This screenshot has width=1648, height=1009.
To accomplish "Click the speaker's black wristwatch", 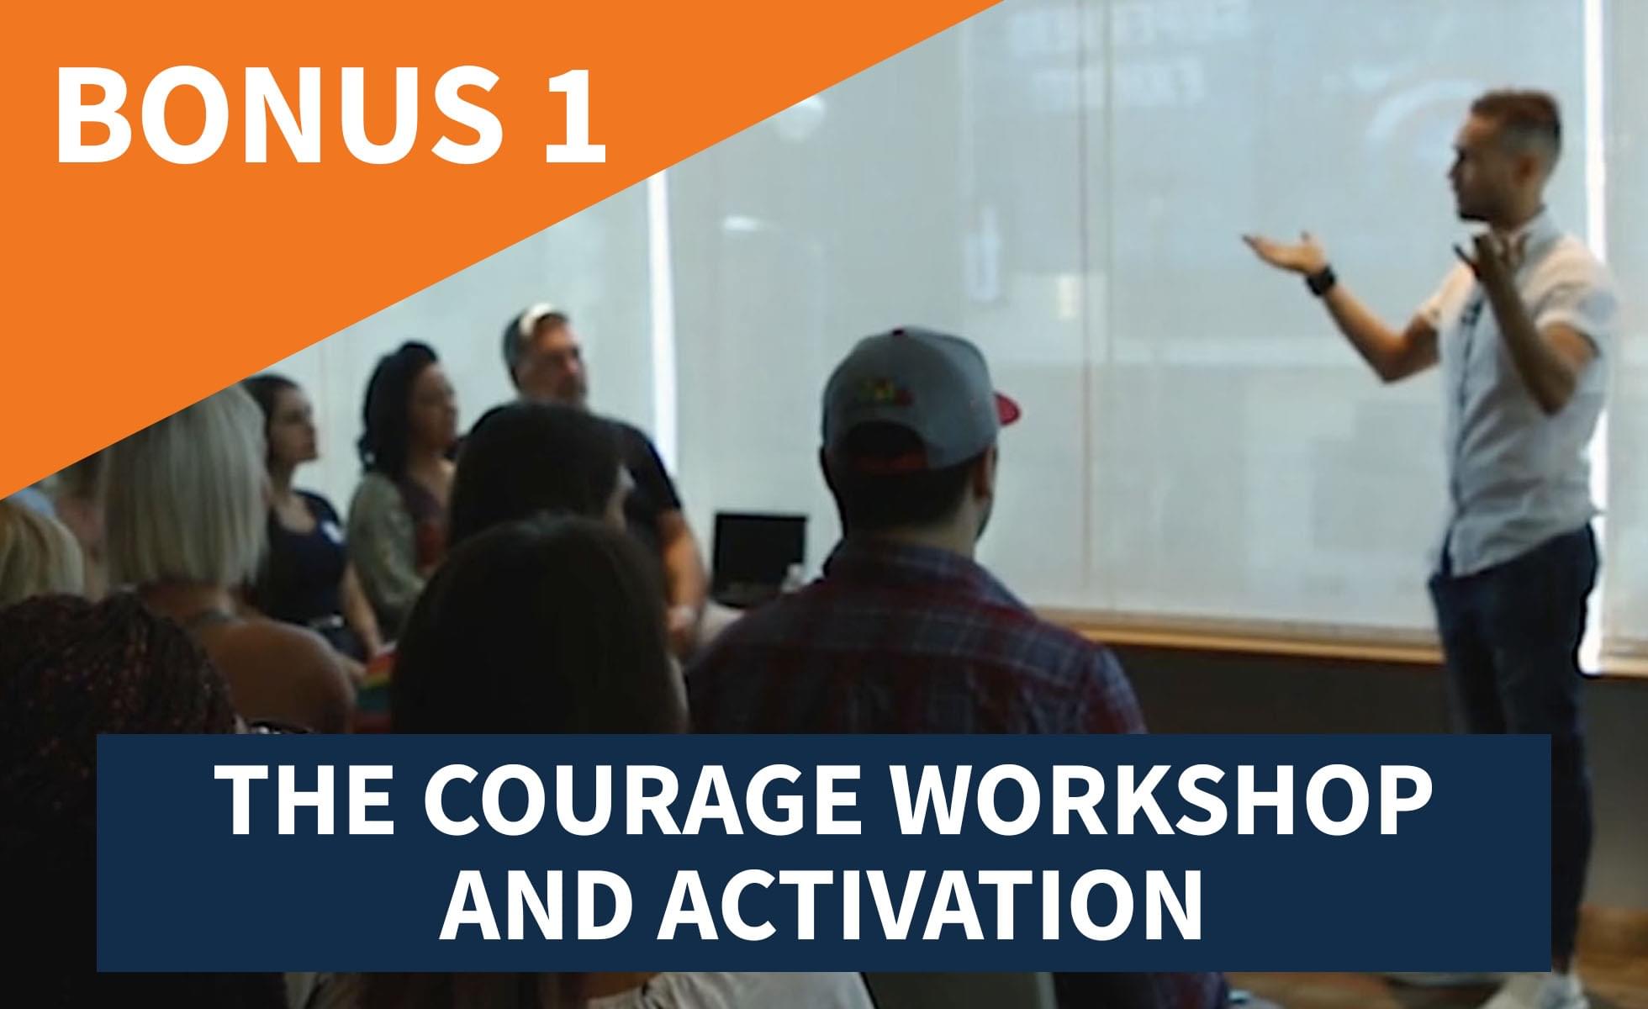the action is click(x=1320, y=280).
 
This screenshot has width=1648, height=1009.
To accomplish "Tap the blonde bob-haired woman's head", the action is click(x=181, y=483).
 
